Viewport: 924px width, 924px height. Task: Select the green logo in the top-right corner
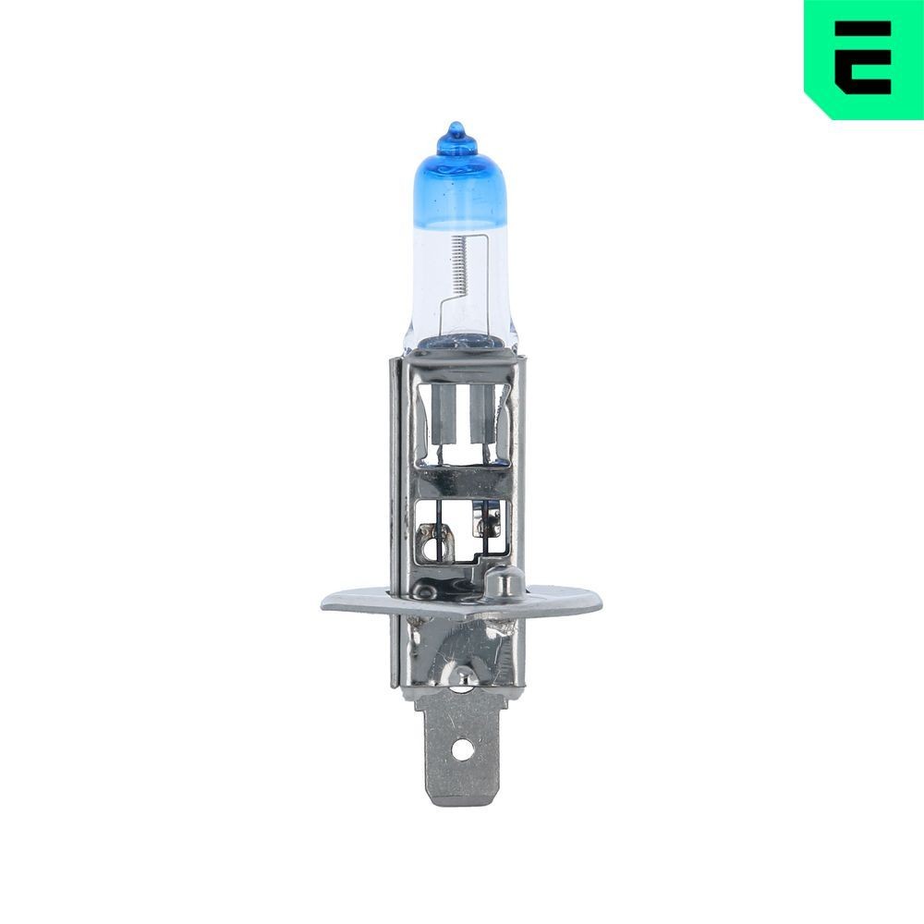(863, 58)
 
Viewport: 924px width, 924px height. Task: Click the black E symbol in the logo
(863, 57)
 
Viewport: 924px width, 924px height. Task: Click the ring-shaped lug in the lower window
(433, 536)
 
